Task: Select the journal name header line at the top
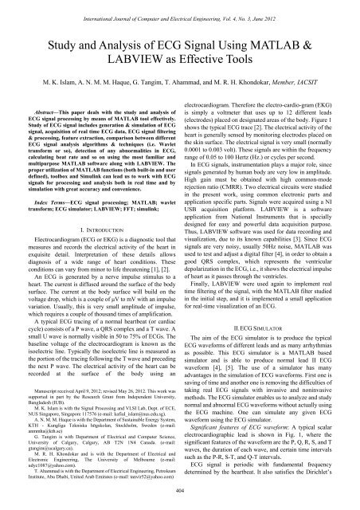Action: (179, 10)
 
